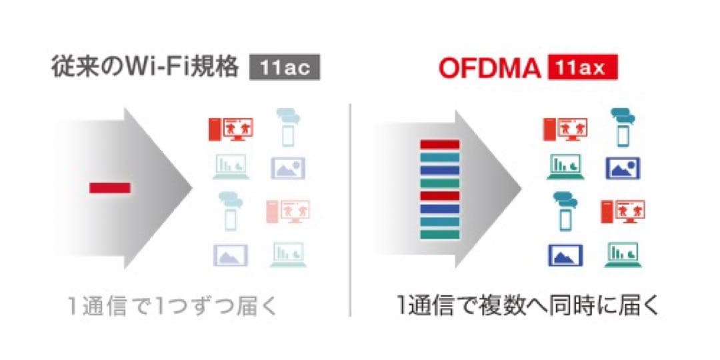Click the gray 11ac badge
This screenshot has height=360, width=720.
284,69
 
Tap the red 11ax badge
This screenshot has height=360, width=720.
583,68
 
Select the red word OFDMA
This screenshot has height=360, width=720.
490,69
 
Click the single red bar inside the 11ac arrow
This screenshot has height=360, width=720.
110,188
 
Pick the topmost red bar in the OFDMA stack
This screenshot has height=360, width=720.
439,144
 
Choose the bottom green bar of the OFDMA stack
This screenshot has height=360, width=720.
439,234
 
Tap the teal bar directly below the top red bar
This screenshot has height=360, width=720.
439,157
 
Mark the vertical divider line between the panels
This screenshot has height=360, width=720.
350,210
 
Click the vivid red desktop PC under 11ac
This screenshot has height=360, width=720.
231,129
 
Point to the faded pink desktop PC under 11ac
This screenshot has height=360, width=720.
289,211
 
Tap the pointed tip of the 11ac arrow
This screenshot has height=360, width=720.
192,188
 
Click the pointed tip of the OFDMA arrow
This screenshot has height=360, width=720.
521,188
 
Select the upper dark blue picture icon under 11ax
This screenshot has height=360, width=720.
623,169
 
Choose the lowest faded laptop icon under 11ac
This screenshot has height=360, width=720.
289,255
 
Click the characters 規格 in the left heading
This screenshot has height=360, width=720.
219,68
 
